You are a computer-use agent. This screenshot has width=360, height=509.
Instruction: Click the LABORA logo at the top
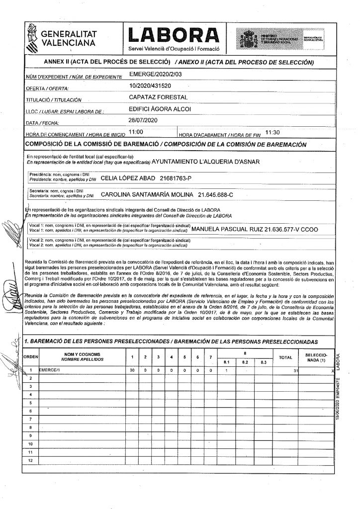174,34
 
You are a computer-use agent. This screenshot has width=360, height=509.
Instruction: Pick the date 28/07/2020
143,120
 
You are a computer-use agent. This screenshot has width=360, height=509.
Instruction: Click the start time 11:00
136,132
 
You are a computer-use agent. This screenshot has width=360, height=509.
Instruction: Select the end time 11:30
273,132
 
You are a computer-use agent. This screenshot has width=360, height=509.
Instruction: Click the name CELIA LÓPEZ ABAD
128,177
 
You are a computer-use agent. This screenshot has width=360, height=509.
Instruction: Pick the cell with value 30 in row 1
132,370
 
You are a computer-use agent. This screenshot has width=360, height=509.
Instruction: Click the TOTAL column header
285,357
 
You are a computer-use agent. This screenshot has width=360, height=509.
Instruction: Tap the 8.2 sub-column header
244,362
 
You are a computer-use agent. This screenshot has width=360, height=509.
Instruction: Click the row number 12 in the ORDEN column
31,461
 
